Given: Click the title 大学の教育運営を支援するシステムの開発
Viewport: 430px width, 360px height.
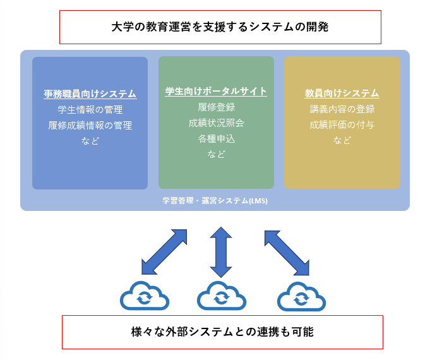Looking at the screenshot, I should click(x=220, y=27).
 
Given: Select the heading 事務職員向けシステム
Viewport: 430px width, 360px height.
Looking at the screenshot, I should click(x=90, y=94).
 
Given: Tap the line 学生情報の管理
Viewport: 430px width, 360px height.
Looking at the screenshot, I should click(x=90, y=110).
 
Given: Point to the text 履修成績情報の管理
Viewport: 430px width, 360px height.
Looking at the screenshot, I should click(x=90, y=126).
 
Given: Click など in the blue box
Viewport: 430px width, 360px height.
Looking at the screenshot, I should click(x=90, y=141).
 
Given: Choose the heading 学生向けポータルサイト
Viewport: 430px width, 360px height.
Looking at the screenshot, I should click(x=216, y=92).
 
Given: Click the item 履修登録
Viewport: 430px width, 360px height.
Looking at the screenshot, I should click(x=216, y=107).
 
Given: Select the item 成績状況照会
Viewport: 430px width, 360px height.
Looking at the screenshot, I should click(x=216, y=123).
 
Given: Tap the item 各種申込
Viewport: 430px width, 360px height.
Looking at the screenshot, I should click(x=216, y=138).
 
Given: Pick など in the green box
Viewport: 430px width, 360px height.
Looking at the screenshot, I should click(x=216, y=153).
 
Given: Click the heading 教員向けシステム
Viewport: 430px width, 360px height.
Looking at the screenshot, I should click(x=342, y=93).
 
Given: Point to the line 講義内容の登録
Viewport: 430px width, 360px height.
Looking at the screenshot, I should click(x=342, y=109).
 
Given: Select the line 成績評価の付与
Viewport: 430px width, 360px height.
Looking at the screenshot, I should click(x=342, y=125).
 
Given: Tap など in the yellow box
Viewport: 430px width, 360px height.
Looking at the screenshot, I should click(x=342, y=140).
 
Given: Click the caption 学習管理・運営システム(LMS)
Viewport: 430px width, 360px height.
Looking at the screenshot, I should click(x=215, y=201).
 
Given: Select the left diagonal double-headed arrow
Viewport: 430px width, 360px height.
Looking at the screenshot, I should click(x=164, y=252).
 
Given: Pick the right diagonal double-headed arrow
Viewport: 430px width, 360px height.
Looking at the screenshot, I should click(x=287, y=253).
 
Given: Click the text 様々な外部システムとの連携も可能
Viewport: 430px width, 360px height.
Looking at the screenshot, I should click(x=222, y=332).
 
